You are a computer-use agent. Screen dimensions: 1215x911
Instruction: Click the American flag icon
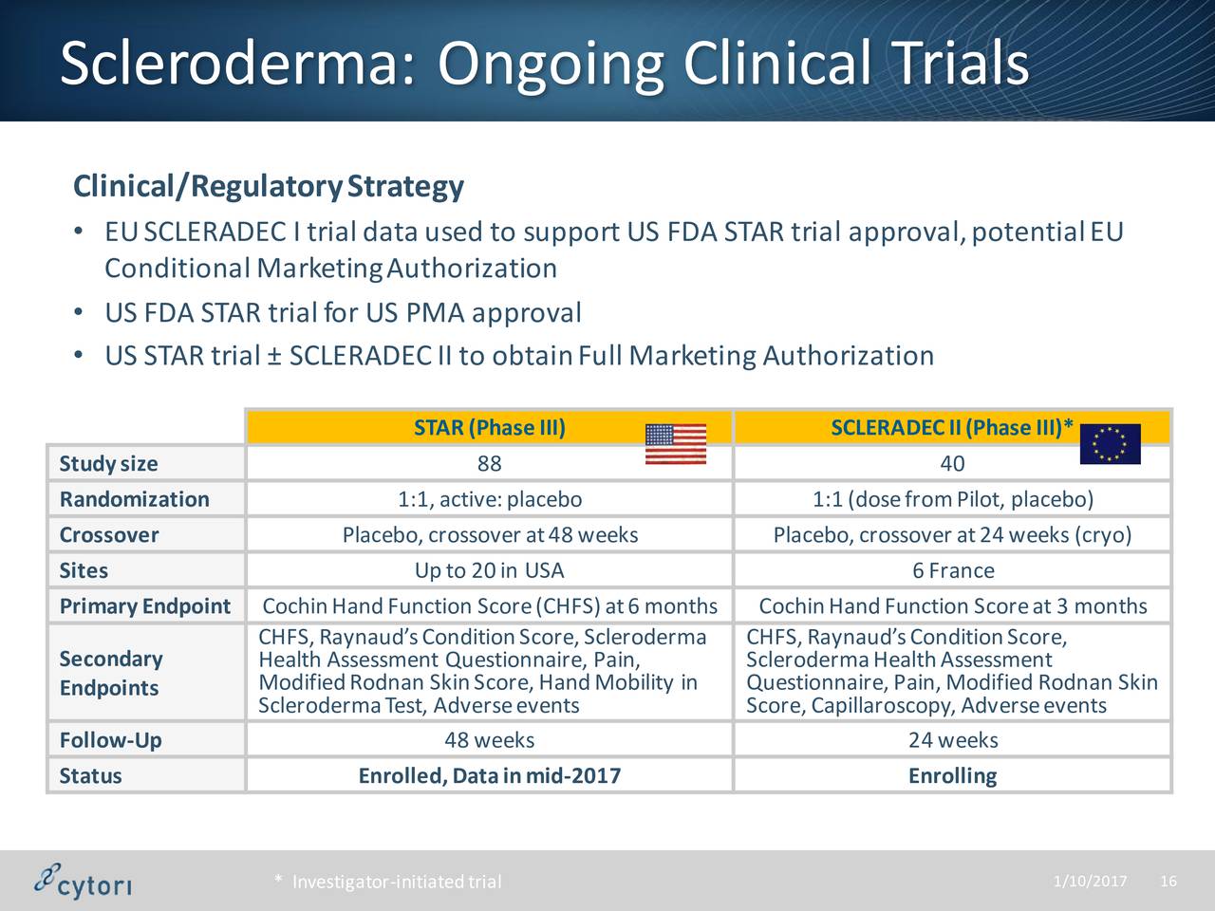(676, 443)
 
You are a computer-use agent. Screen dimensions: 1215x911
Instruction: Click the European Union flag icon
(1111, 443)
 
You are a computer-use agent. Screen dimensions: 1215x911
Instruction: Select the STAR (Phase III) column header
(490, 428)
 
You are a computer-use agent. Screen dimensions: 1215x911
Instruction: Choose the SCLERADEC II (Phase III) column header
(952, 428)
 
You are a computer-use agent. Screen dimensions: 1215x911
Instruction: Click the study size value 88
(489, 463)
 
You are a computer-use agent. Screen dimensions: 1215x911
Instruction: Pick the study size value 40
(952, 463)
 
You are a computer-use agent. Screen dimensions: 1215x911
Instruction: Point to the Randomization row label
(135, 499)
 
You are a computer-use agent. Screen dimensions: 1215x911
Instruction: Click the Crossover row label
(109, 535)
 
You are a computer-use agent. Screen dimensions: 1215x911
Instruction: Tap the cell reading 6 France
(953, 570)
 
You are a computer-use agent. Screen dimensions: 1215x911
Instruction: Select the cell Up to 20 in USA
(489, 570)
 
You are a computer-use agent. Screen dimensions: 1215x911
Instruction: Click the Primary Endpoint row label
(145, 606)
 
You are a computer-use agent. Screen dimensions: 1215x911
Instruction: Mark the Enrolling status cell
(953, 776)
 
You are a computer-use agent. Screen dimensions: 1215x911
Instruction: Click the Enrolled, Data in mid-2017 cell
(490, 776)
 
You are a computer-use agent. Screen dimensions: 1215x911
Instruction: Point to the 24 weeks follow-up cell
(953, 740)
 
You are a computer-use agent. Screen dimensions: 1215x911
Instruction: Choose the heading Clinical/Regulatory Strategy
(269, 186)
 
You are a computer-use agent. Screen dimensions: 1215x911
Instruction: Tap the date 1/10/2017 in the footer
(1090, 881)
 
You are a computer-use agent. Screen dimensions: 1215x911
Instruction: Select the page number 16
(1168, 881)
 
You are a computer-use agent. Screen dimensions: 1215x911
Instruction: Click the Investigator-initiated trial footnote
(388, 882)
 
